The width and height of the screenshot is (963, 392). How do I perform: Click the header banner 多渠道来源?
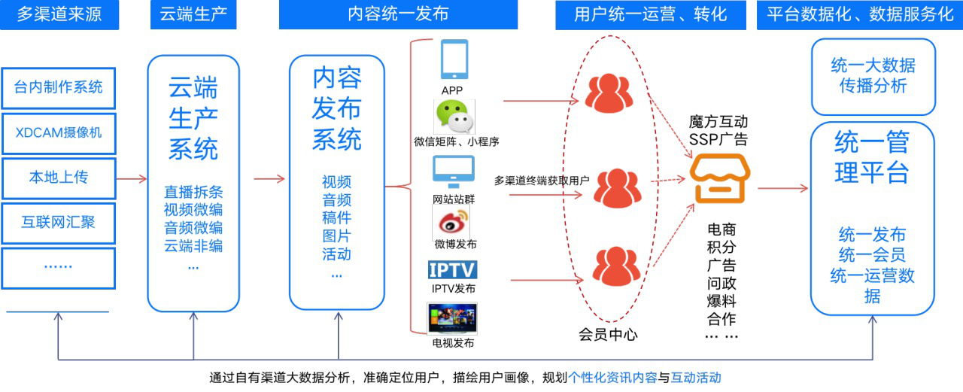coord(59,14)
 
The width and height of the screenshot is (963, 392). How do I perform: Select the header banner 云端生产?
coord(193,14)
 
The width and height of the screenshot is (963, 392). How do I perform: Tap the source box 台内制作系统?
coord(59,88)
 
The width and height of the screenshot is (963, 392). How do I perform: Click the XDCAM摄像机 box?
coord(59,133)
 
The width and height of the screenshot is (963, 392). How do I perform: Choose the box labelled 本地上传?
coord(59,178)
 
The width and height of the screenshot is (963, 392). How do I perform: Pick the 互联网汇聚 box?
coord(59,223)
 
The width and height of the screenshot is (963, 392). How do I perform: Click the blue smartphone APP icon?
coord(454,59)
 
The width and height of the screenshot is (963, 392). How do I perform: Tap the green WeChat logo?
coord(454,117)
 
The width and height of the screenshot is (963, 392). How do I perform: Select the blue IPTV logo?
coord(452,270)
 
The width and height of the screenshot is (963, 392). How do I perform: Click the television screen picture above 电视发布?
coord(452,318)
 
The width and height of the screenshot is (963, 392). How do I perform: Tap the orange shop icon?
coord(720,178)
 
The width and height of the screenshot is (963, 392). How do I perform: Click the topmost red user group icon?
coord(609,93)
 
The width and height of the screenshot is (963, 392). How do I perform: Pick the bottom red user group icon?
coord(616,266)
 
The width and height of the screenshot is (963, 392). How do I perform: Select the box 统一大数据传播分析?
coord(873,77)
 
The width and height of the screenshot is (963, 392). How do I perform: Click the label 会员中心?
coord(608,334)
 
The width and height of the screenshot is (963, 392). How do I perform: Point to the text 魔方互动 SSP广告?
coord(718,131)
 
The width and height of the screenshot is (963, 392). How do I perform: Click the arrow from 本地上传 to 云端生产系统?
coord(132,179)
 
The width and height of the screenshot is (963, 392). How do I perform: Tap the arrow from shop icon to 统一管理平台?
coord(783,188)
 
